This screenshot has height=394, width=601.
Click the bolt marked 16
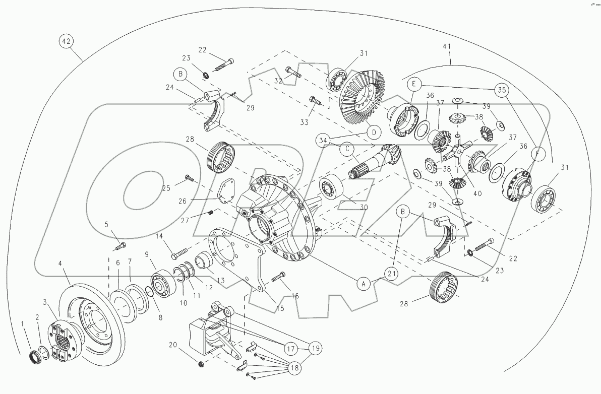279,276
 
